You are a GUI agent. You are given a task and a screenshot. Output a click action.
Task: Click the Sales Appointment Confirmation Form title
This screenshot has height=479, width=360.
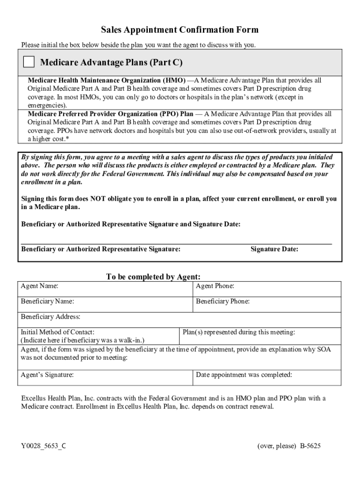coord(180,30)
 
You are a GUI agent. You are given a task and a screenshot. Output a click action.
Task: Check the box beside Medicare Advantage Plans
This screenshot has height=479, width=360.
coord(29,62)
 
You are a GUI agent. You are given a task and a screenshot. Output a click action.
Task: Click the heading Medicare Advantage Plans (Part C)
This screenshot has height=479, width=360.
coord(111,62)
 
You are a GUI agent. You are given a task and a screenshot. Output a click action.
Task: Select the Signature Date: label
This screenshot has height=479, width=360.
coord(274,249)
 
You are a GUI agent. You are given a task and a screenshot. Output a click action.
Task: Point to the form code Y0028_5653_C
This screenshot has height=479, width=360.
coord(43,446)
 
